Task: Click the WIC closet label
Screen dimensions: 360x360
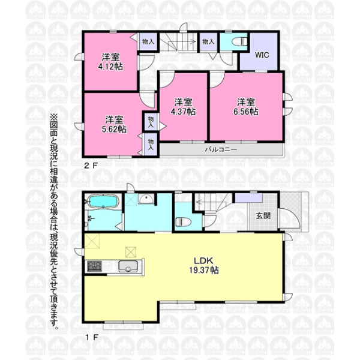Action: (262, 55)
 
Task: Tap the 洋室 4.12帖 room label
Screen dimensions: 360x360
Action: (110, 62)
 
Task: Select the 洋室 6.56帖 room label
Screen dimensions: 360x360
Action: (246, 107)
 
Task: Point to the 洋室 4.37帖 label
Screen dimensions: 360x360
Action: (183, 107)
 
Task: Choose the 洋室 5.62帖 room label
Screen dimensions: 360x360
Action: (114, 124)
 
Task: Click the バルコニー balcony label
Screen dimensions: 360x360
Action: (221, 149)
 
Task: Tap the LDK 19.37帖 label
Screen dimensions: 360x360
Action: (204, 265)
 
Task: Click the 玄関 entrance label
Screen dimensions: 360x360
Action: (263, 216)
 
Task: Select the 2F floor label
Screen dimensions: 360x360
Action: (91, 166)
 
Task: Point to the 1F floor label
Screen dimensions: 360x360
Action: (91, 337)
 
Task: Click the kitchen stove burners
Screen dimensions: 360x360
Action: (94, 266)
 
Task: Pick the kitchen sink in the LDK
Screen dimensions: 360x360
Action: (128, 266)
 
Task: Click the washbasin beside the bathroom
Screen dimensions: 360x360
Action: (146, 199)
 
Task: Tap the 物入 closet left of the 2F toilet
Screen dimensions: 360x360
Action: (208, 41)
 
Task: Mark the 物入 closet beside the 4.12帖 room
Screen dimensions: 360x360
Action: (148, 41)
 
